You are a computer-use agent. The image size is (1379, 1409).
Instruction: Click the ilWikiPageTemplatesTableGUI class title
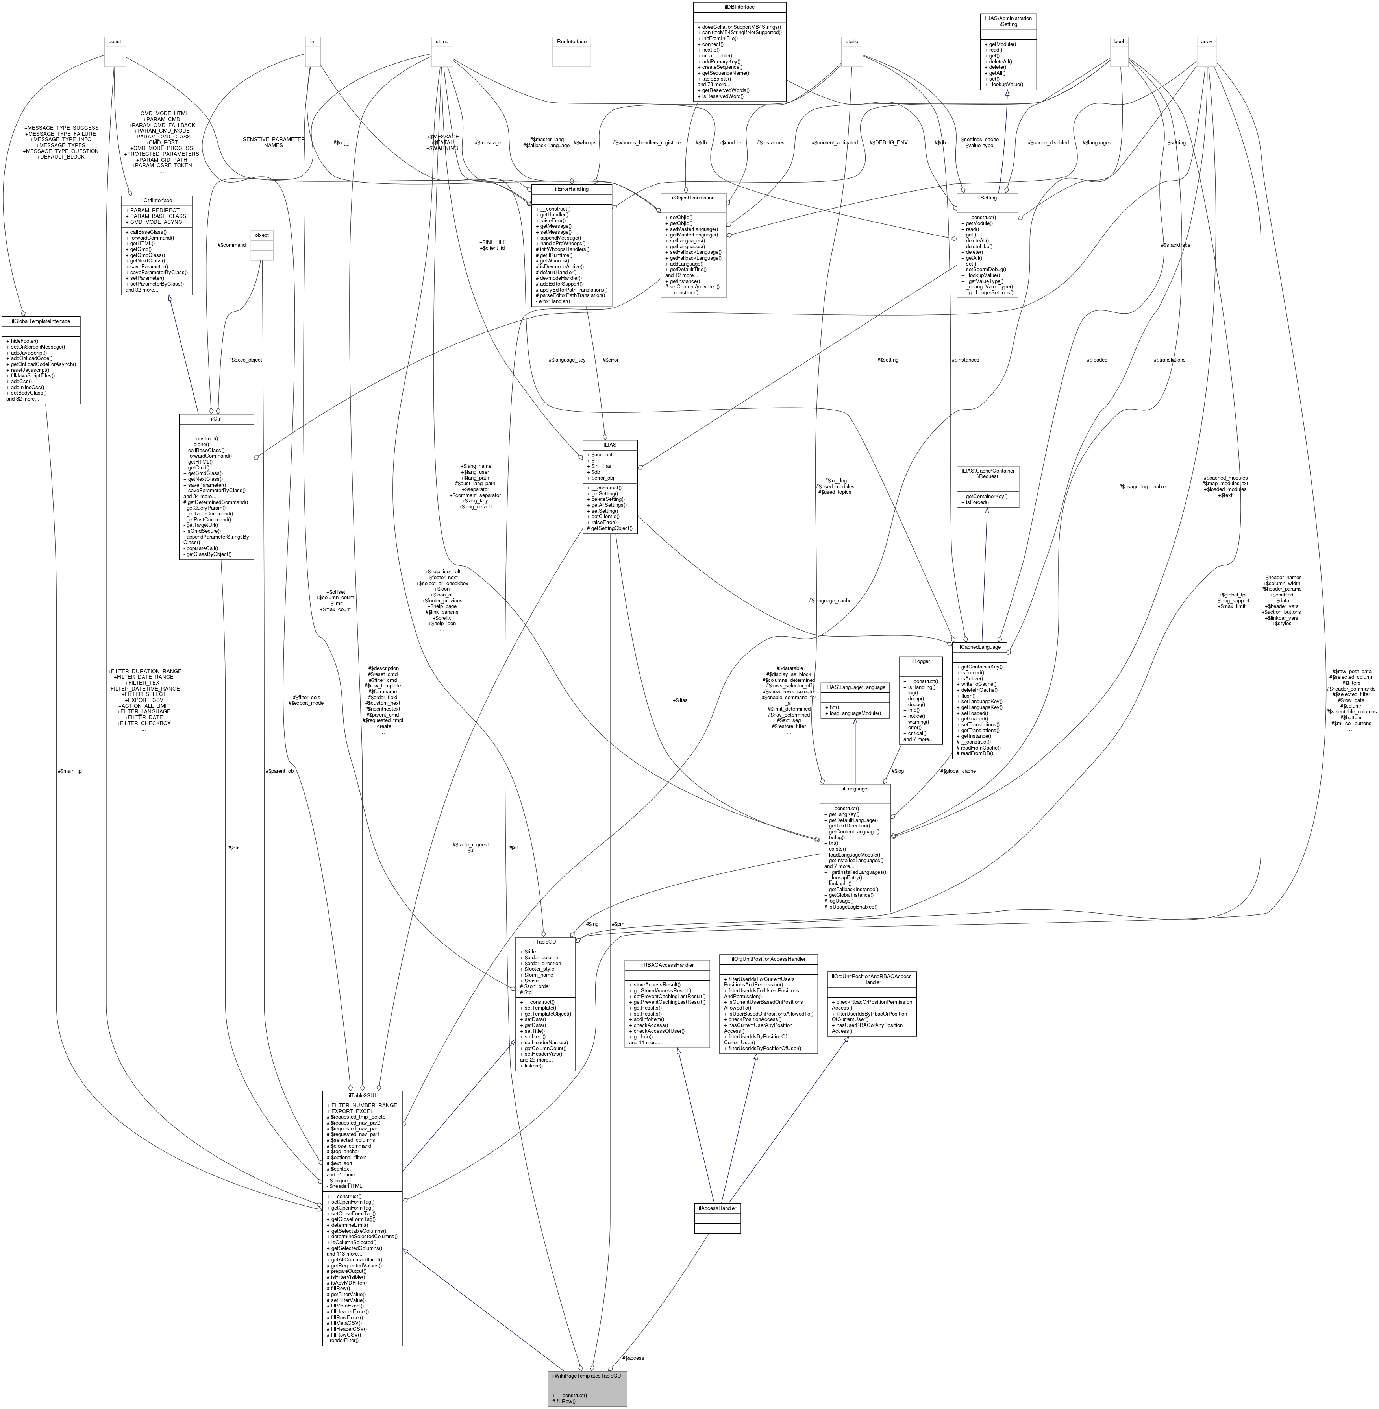(x=587, y=1375)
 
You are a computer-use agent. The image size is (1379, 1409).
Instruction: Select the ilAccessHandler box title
(x=717, y=1208)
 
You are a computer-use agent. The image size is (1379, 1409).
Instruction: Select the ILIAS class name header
(x=610, y=444)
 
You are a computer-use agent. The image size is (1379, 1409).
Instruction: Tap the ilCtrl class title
(x=216, y=419)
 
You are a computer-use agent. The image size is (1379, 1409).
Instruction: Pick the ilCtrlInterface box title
(x=156, y=200)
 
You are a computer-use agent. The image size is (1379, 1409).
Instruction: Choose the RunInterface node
(x=572, y=41)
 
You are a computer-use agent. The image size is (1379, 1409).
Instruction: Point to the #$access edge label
(x=632, y=1357)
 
